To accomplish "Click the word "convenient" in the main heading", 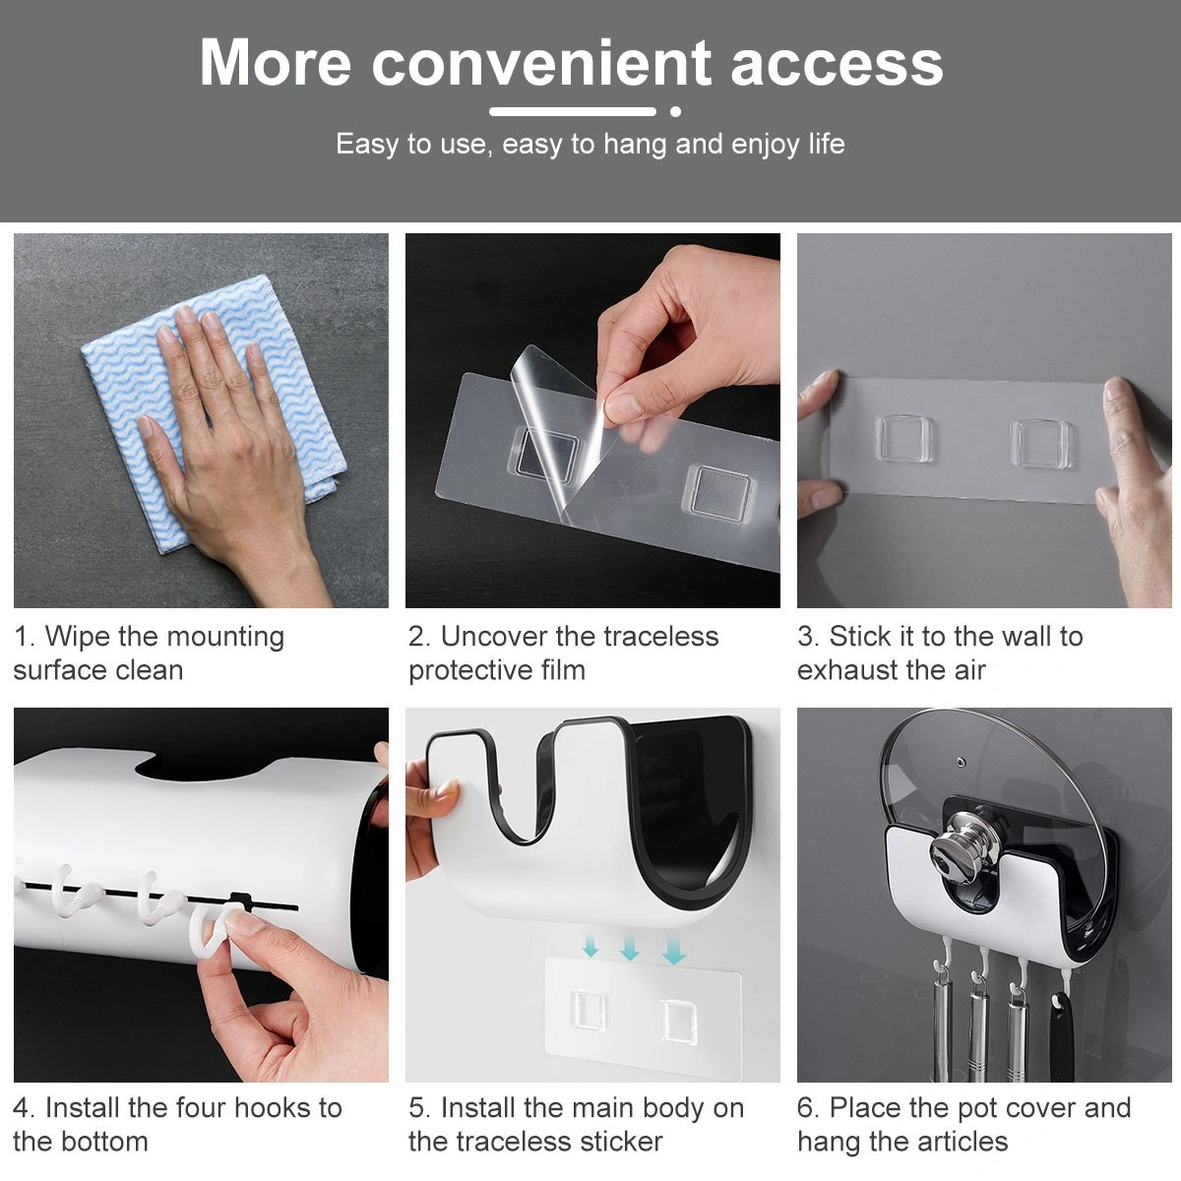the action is pos(541,63).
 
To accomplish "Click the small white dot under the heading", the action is pos(675,111).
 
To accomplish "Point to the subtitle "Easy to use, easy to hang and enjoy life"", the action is pos(590,145).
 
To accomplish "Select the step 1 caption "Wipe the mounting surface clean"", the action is pos(149,653).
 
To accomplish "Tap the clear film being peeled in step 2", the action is pos(551,423).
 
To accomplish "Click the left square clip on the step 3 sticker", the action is pos(903,438).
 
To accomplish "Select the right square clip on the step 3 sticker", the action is pos(1041,444).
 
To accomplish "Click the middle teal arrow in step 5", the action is pos(630,950).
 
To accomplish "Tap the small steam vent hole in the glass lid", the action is pos(961,763).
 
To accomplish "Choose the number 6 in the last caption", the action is pos(805,1109).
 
